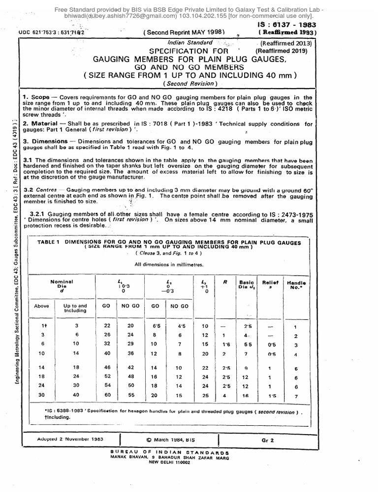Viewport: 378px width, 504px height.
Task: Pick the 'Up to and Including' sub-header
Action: pos(75,308)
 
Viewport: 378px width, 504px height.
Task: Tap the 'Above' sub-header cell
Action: pos(41,306)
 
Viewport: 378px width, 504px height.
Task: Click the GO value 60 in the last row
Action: pos(105,396)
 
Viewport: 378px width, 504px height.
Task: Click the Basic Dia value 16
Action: pos(245,396)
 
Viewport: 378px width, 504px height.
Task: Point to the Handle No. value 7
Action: pos(295,396)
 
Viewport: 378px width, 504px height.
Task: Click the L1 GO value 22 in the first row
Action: pos(104,326)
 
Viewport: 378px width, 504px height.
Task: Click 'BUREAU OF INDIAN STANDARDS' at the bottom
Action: pos(176,451)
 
